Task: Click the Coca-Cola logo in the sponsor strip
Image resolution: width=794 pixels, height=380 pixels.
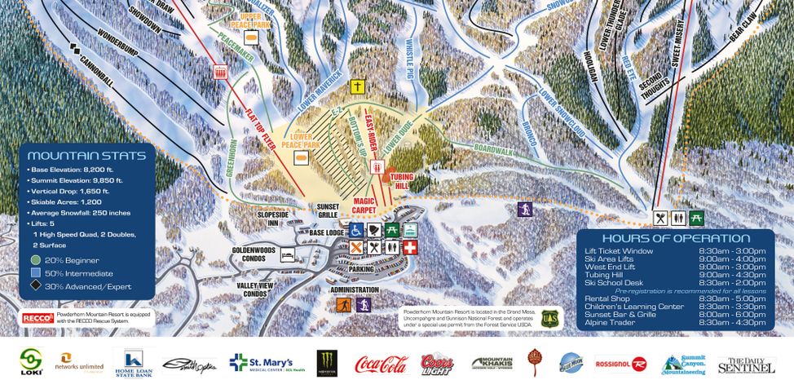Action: click(x=380, y=363)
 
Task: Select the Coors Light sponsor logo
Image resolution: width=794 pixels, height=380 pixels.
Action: click(x=438, y=363)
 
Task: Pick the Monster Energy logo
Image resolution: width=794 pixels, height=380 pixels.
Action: click(x=328, y=362)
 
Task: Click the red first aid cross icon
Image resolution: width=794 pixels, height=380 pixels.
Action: click(x=410, y=246)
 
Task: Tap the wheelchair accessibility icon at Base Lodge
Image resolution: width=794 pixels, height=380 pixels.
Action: click(x=355, y=230)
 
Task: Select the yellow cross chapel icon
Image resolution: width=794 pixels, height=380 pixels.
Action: click(x=356, y=86)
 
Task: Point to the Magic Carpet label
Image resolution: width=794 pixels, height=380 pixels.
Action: click(x=368, y=205)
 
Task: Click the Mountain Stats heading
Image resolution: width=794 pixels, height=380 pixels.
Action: click(x=86, y=156)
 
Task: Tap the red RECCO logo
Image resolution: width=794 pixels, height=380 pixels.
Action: click(x=37, y=317)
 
